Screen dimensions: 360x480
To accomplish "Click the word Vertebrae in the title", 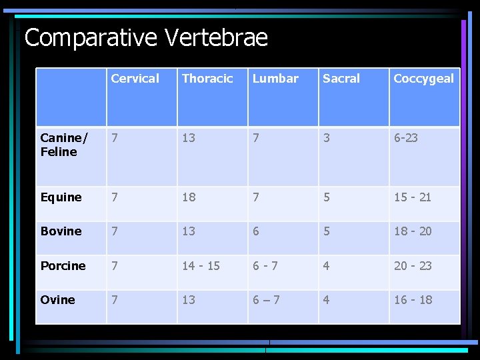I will tap(215, 38).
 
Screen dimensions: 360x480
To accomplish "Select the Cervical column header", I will tap(135, 79).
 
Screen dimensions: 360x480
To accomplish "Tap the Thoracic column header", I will tap(207, 79).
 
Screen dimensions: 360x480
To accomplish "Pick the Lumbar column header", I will tap(275, 79).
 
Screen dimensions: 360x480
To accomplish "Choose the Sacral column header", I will tap(341, 79).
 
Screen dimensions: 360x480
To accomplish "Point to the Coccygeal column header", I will tap(423, 79).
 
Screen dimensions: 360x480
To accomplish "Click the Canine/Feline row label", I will tap(63, 145).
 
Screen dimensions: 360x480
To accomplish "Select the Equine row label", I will tap(61, 197).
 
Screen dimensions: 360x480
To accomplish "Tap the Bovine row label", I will tap(61, 231).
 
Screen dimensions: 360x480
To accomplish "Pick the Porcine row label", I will tap(63, 266).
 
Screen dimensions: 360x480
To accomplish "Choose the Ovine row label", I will tap(57, 300).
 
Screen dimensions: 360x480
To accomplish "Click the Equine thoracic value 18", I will tap(189, 197).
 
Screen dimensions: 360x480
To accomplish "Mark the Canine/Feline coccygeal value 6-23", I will tap(406, 138).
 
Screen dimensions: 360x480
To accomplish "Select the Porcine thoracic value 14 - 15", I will tap(201, 266).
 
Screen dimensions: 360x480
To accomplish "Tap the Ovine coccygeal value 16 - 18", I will tap(413, 300).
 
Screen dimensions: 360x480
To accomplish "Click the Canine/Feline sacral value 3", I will tap(326, 138).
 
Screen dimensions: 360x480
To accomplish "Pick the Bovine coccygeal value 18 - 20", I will tap(413, 231).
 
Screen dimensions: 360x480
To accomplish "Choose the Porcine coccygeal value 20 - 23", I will tap(413, 266).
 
